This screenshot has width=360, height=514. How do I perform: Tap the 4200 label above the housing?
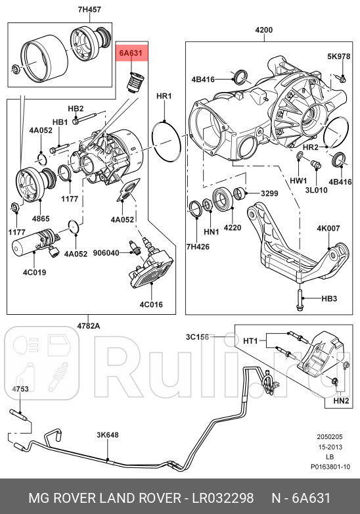click(264, 30)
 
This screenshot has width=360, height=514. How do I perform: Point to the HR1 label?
click(164, 96)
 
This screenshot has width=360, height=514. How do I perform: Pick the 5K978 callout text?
click(339, 57)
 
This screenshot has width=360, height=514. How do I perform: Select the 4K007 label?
click(328, 229)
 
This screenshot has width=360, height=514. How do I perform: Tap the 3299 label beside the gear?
click(270, 194)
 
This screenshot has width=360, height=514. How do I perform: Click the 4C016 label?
click(151, 305)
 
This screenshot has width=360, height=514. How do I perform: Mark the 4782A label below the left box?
click(89, 325)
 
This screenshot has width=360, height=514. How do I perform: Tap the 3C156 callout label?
click(196, 337)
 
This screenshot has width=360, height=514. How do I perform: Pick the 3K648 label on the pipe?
click(107, 435)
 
